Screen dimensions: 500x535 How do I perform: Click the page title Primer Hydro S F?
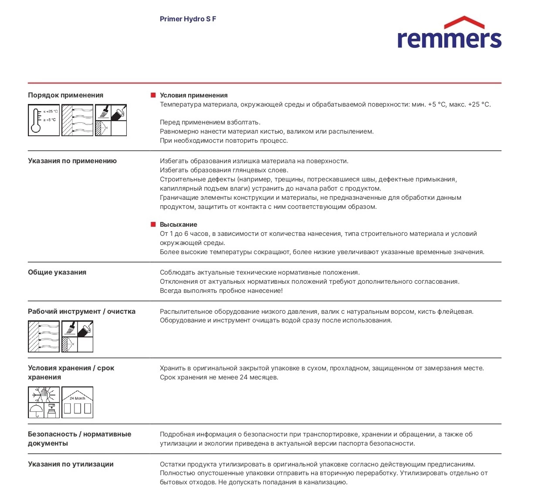pyautogui.click(x=188, y=19)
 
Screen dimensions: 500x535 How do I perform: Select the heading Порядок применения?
pyautogui.click(x=65, y=95)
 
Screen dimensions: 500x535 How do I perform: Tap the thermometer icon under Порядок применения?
pyautogui.click(x=44, y=120)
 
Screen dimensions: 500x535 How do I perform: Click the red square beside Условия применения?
pyautogui.click(x=153, y=95)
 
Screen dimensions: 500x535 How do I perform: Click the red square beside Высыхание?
pyautogui.click(x=153, y=225)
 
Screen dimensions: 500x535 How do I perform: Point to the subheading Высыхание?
pyautogui.click(x=178, y=225)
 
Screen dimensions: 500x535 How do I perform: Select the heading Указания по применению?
pyautogui.click(x=72, y=161)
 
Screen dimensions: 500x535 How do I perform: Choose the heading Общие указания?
pyautogui.click(x=57, y=272)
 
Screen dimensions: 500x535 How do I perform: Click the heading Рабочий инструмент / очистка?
pyautogui.click(x=81, y=312)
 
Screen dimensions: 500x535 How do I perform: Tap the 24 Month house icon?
pyautogui.click(x=78, y=403)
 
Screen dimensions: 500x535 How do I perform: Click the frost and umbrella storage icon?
pyautogui.click(x=44, y=403)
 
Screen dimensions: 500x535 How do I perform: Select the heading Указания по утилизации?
pyautogui.click(x=71, y=464)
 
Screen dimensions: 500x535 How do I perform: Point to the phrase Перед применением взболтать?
pyautogui.click(x=210, y=122)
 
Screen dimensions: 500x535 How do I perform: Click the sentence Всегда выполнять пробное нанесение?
pyautogui.click(x=221, y=291)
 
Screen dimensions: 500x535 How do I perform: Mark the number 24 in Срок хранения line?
pyautogui.click(x=244, y=377)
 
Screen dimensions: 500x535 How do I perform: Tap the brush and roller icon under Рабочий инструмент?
pyautogui.click(x=78, y=336)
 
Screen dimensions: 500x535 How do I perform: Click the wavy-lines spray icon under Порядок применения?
pyautogui.click(x=78, y=120)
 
